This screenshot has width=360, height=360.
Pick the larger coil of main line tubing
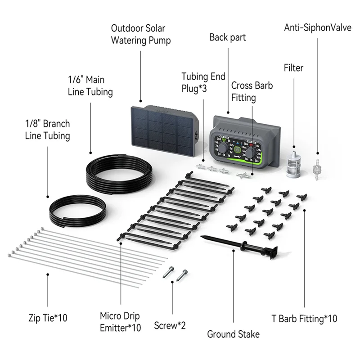tap(119, 171)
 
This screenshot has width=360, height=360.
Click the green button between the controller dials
tap(236, 147)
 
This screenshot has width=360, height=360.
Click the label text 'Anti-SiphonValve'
tap(317, 28)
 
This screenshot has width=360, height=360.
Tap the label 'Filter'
tap(293, 68)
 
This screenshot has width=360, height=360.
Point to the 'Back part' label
tap(228, 37)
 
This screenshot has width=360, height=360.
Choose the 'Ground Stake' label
tap(233, 334)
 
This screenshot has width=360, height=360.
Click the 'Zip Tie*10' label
tap(47, 318)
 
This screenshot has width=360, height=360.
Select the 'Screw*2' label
tap(170, 325)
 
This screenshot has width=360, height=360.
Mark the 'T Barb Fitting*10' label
tap(304, 319)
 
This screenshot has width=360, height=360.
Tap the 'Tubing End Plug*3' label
tap(203, 82)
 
